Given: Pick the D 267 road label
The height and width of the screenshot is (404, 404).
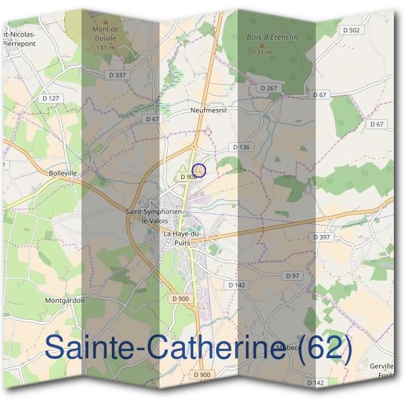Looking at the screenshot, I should point(267,88).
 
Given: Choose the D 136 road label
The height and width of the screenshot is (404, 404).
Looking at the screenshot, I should point(240,147).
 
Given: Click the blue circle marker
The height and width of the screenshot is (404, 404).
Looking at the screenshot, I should point(199,170).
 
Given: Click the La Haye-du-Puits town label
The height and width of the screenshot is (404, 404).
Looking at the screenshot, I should point(187,237).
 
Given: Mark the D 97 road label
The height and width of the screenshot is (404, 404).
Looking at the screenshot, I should point(292,276).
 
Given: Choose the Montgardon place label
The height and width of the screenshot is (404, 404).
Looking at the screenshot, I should point(65,300).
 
